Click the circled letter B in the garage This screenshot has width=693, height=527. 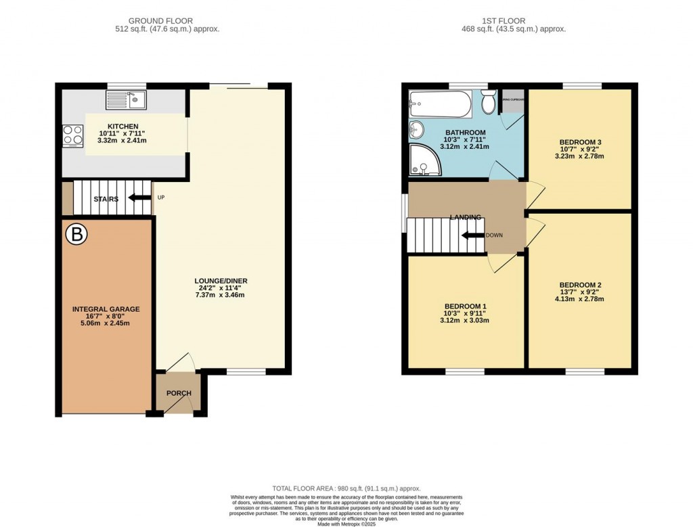tap(76, 235)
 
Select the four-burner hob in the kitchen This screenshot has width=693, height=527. tap(71, 135)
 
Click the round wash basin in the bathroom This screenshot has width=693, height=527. tap(417, 129)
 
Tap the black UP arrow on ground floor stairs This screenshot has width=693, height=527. tap(140, 198)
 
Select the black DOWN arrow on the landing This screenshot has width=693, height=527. tap(472, 235)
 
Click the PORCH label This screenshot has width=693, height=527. tap(179, 393)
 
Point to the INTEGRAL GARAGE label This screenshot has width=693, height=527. tap(106, 309)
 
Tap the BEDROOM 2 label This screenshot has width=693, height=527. tap(580, 285)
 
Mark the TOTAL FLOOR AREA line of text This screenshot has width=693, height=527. tap(346, 488)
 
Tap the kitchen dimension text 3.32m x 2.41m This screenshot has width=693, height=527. tap(122, 141)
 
